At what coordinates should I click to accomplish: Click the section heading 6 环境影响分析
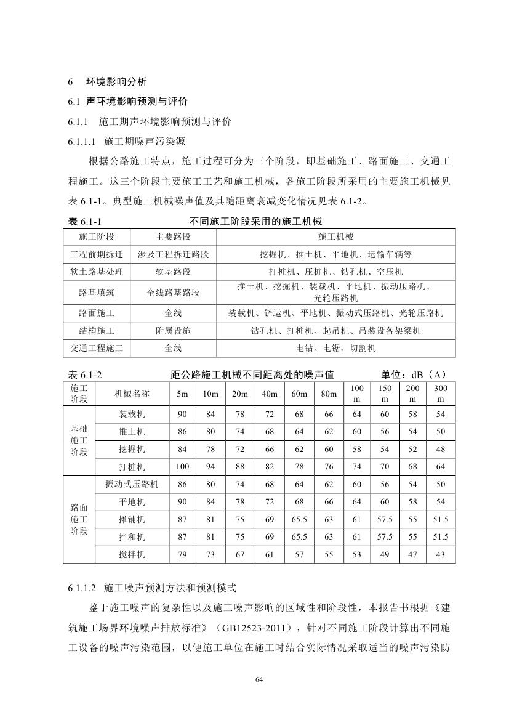(107, 82)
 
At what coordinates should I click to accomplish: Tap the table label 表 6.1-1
(81, 220)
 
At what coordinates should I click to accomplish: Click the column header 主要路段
(173, 237)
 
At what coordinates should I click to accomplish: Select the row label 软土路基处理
(97, 271)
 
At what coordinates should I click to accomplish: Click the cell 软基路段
(173, 271)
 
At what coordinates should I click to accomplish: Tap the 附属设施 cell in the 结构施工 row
(173, 331)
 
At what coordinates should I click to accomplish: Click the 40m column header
(269, 394)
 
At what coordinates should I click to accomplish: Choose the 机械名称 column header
(132, 394)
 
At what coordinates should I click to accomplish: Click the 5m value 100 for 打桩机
(182, 466)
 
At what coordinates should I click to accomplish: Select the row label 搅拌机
(132, 554)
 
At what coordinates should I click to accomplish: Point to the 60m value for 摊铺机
(299, 519)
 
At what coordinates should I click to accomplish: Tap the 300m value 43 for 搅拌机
(440, 554)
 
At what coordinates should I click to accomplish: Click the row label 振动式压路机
(132, 484)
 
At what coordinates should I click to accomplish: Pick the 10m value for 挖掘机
(211, 449)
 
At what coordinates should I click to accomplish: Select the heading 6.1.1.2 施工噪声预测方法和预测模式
(157, 588)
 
